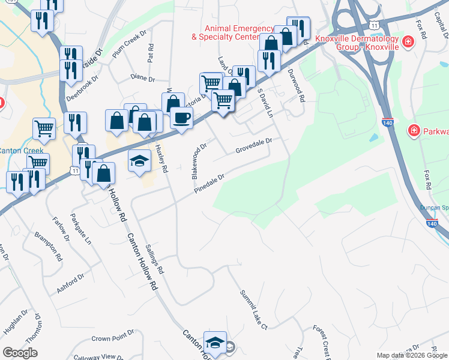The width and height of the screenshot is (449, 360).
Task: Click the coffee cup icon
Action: tap(181, 118)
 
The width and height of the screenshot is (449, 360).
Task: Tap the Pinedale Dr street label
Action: tap(209, 184)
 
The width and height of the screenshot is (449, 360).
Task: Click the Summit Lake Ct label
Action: tap(253, 310)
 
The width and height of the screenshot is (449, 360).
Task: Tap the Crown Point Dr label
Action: tap(112, 338)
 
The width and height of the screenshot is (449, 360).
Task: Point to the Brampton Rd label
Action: tap(49, 246)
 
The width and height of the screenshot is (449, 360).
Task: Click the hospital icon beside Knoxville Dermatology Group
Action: tap(408, 41)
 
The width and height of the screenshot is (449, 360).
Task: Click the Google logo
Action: tap(20, 353)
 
